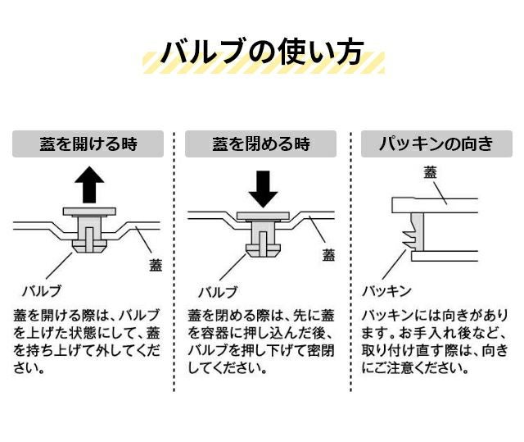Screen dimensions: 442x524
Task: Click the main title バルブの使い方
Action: [x=262, y=53]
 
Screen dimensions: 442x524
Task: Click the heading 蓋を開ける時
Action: [x=88, y=144]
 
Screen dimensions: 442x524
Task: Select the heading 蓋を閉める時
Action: [x=261, y=144]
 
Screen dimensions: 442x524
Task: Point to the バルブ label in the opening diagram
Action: [x=41, y=290]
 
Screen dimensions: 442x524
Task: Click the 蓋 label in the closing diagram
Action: [x=328, y=254]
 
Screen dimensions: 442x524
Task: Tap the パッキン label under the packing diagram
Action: [x=386, y=290]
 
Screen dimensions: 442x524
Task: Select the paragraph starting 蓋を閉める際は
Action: [x=261, y=341]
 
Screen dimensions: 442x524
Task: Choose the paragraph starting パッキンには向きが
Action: [x=436, y=341]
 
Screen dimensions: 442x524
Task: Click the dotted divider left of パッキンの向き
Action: [x=350, y=262]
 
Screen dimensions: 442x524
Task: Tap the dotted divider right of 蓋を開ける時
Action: [x=174, y=262]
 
